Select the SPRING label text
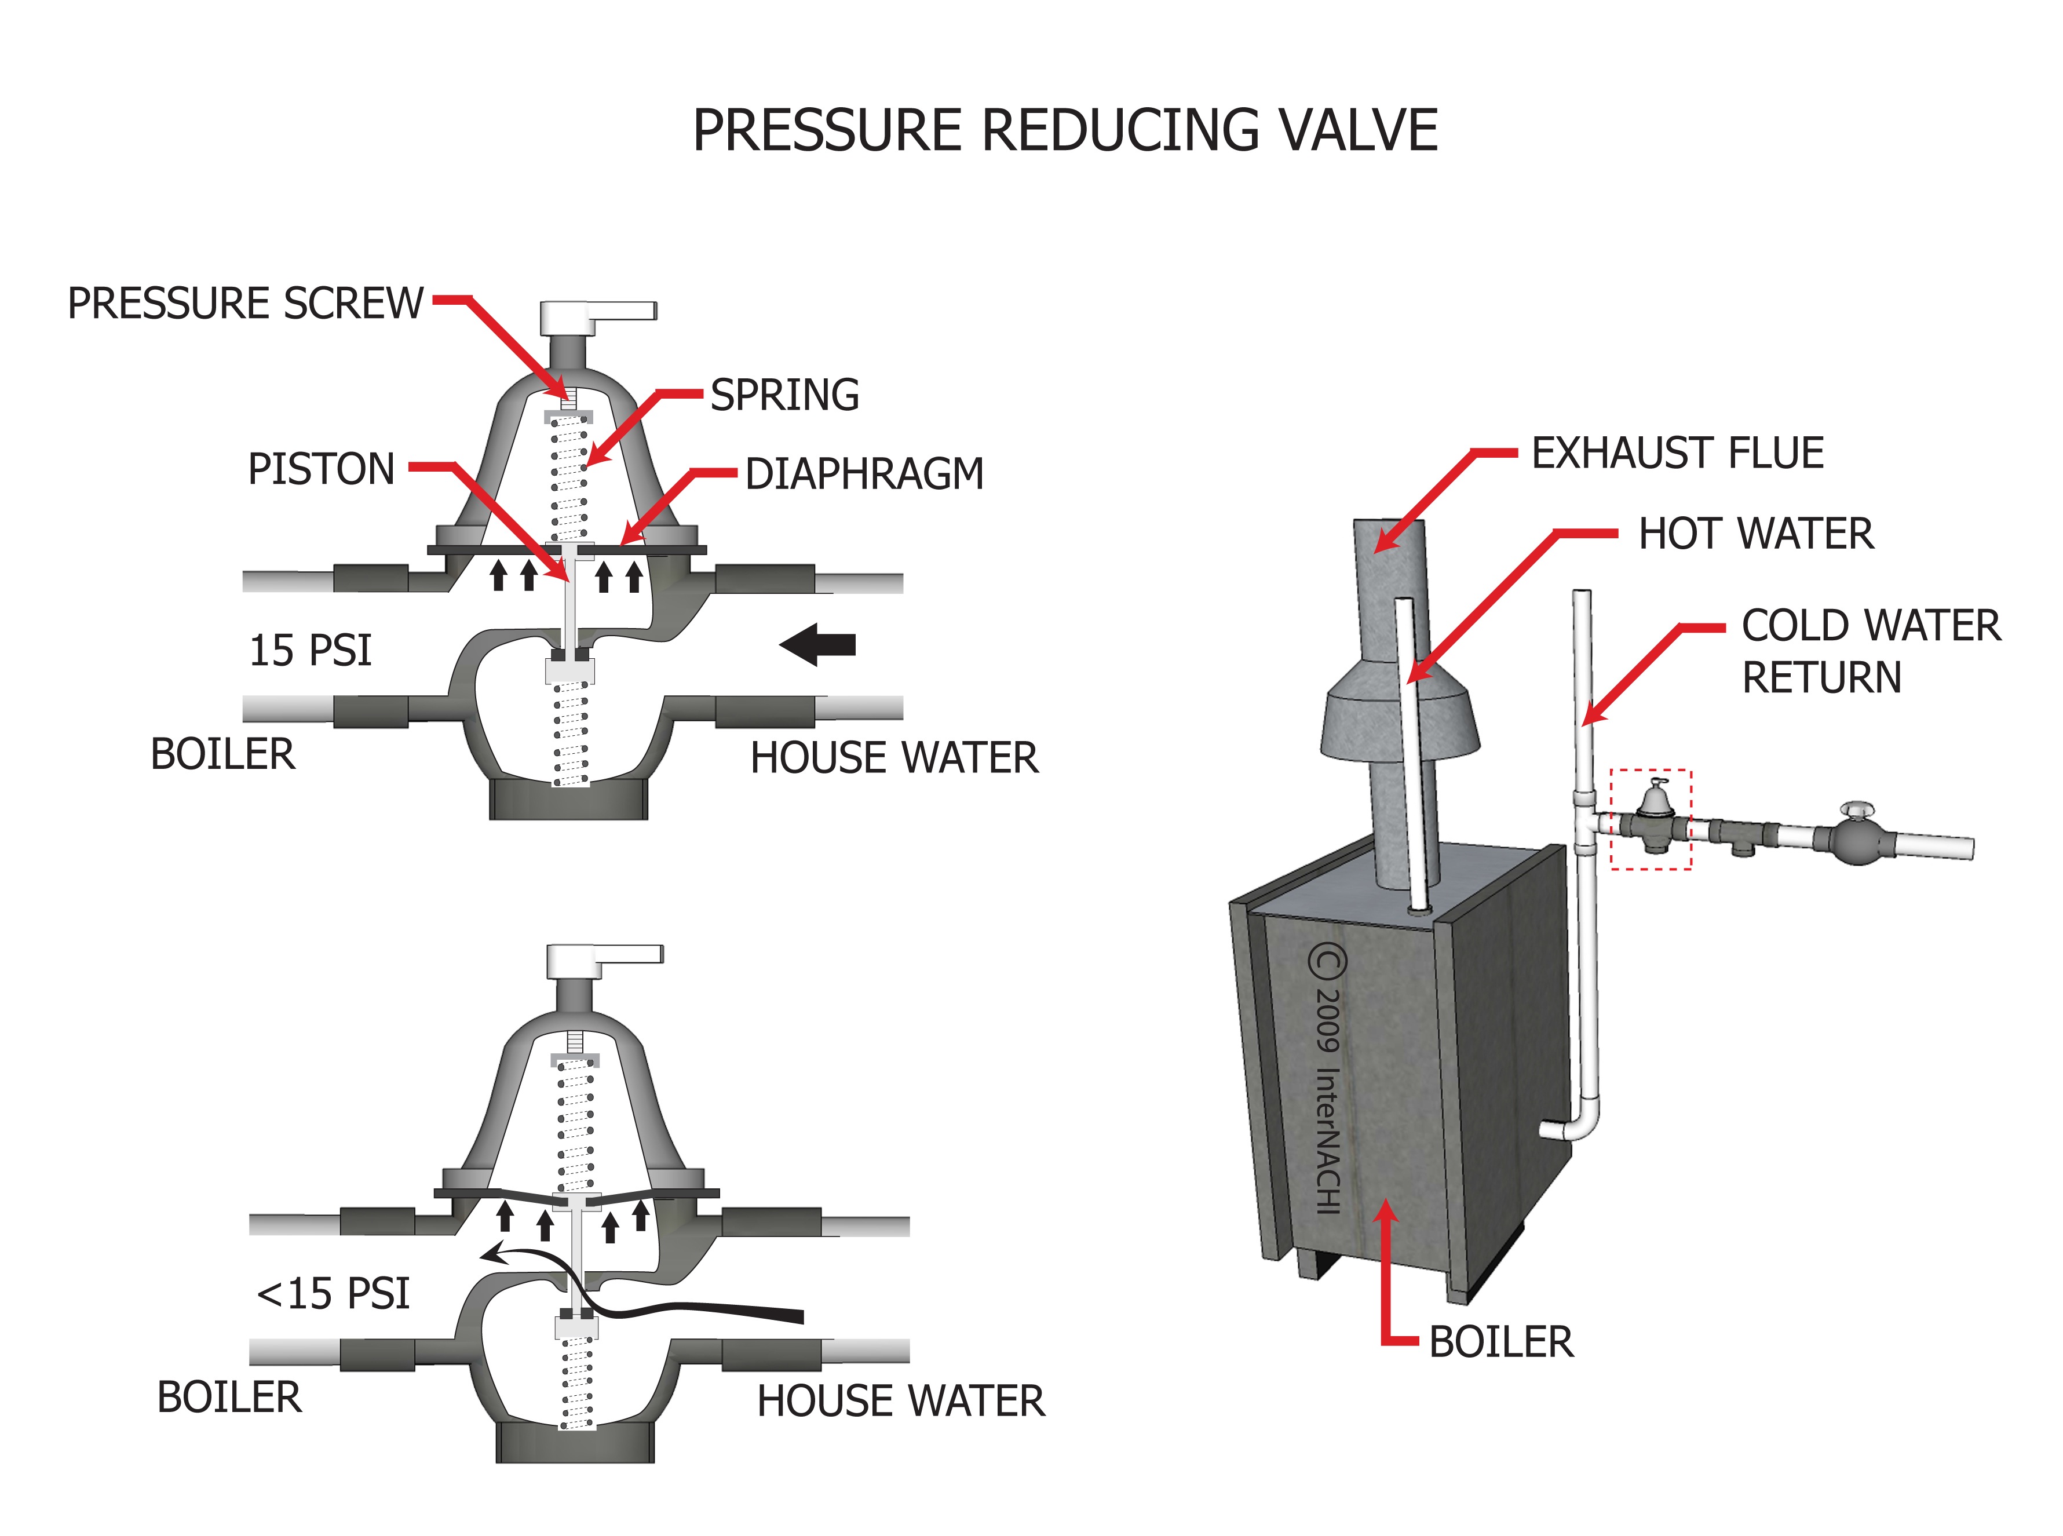pyautogui.click(x=784, y=395)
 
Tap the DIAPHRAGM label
pyautogui.click(x=864, y=474)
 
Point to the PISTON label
pyautogui.click(x=321, y=469)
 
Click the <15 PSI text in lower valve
pyautogui.click(x=333, y=1293)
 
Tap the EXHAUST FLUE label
pyautogui.click(x=1676, y=454)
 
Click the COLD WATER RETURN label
pyautogui.click(x=1869, y=651)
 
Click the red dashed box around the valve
pyautogui.click(x=1650, y=819)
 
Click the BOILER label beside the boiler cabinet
pyautogui.click(x=1500, y=1342)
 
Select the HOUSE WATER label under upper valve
pyautogui.click(x=893, y=758)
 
